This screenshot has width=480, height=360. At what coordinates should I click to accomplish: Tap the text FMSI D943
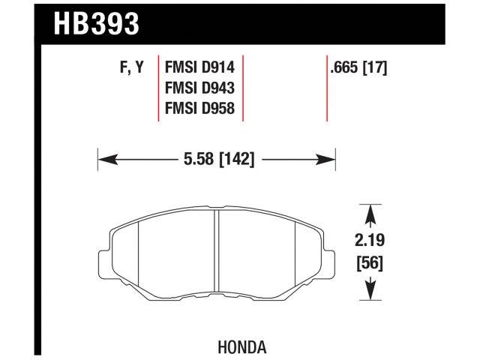pyautogui.click(x=199, y=89)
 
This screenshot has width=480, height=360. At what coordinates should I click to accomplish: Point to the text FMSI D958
pyautogui.click(x=199, y=109)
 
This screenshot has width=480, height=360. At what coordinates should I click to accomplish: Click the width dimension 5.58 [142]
pyautogui.click(x=215, y=159)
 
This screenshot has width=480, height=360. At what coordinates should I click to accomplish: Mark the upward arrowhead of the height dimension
pyautogui.click(x=369, y=214)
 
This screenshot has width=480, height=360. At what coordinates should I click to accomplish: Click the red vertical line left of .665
pyautogui.click(x=328, y=88)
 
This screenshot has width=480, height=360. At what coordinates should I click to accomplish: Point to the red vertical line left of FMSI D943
pyautogui.click(x=158, y=88)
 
